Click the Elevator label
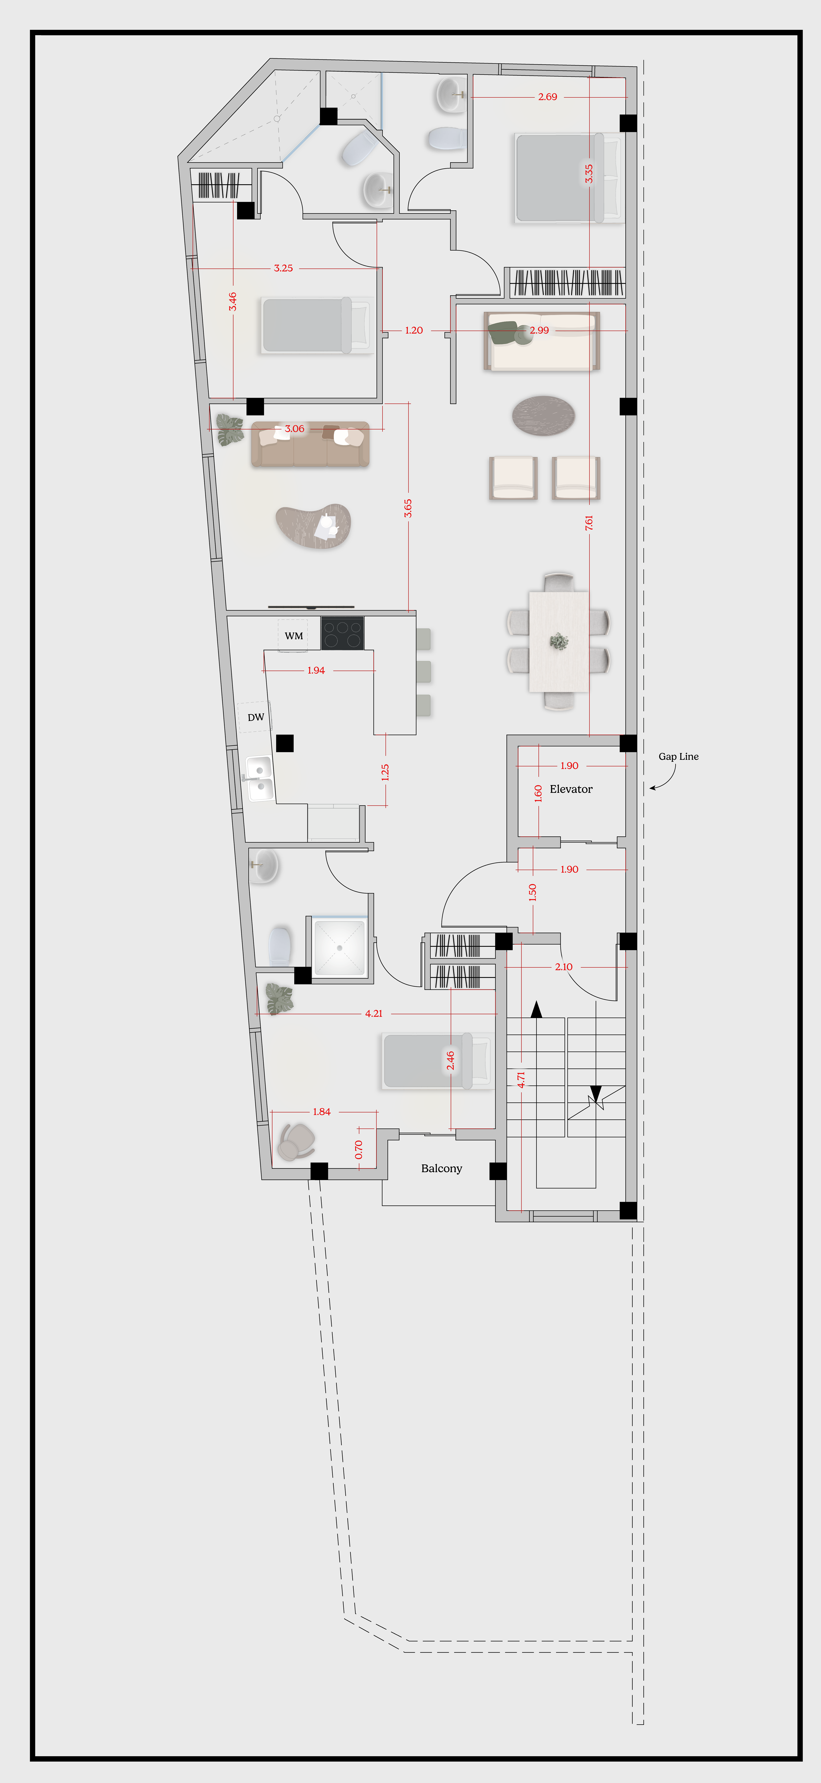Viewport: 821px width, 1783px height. click(x=571, y=789)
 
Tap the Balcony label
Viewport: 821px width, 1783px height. click(x=442, y=1168)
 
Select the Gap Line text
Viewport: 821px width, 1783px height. click(x=678, y=757)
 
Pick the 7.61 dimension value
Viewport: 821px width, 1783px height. click(x=589, y=523)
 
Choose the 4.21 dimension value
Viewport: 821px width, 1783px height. click(x=374, y=1013)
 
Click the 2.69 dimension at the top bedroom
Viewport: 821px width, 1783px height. click(x=548, y=97)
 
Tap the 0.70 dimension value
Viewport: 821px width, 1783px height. click(x=359, y=1150)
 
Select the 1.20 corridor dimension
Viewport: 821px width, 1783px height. click(x=414, y=330)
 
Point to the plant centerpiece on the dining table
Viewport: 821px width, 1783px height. click(x=559, y=642)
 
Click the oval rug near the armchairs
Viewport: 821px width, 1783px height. click(x=543, y=415)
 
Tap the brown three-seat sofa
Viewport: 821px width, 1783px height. click(x=310, y=444)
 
